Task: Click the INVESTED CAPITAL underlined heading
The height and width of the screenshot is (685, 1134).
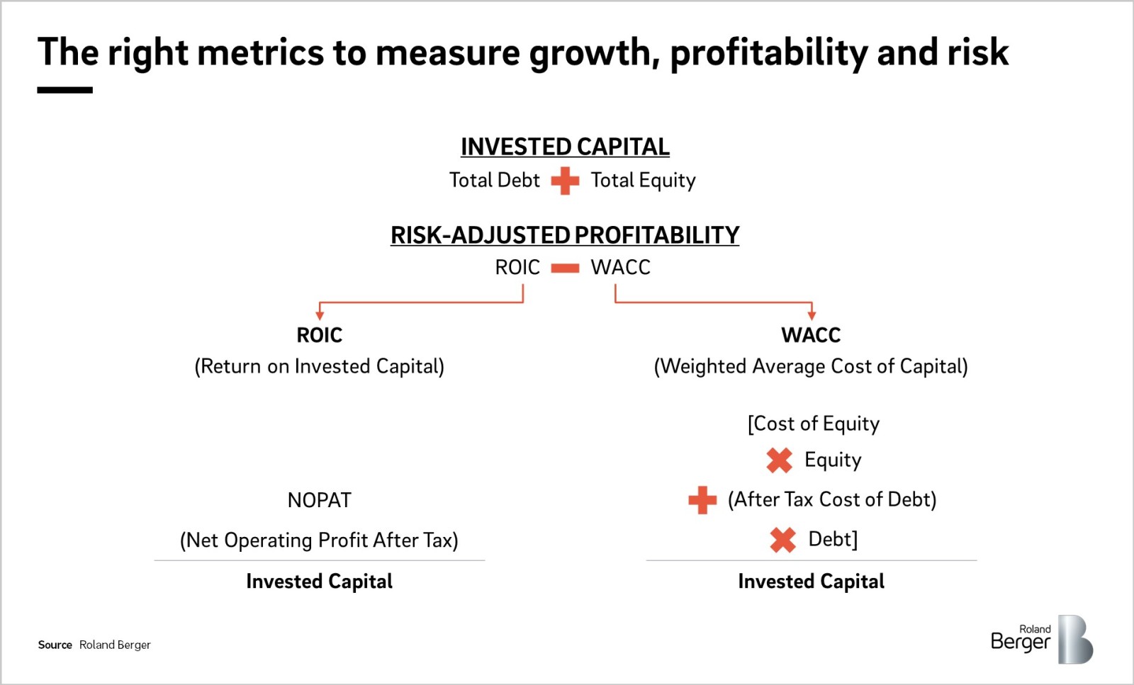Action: tap(565, 147)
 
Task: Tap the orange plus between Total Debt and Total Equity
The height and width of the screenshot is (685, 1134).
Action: tap(565, 181)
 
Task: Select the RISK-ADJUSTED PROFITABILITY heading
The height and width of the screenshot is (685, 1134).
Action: tap(565, 235)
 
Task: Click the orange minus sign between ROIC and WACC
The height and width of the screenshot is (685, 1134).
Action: tap(565, 268)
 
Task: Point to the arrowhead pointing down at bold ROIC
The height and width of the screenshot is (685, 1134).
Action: tap(320, 315)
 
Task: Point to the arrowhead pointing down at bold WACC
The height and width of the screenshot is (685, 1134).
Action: tap(812, 315)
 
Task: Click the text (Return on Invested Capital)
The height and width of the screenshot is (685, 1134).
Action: tap(320, 366)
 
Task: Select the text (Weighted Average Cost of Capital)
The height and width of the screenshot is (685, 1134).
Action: tap(811, 366)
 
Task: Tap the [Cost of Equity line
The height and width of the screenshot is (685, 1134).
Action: tap(814, 424)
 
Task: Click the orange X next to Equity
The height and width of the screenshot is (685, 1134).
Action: tap(779, 460)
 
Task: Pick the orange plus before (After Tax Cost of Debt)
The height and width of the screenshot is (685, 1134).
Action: tap(702, 500)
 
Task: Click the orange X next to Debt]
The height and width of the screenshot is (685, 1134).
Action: tap(782, 539)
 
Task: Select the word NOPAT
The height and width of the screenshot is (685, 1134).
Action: tap(320, 500)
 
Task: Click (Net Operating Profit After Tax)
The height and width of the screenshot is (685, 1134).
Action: tap(320, 540)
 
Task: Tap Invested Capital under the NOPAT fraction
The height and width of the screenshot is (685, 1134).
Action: tap(320, 582)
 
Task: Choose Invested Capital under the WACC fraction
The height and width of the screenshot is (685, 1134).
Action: tap(812, 582)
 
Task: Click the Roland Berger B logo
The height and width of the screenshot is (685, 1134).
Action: tap(1074, 640)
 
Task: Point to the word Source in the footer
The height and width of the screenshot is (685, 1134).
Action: tap(55, 645)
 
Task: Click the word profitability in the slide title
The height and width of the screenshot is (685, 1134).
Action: tap(769, 53)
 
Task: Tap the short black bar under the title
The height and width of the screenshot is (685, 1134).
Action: tap(64, 90)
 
